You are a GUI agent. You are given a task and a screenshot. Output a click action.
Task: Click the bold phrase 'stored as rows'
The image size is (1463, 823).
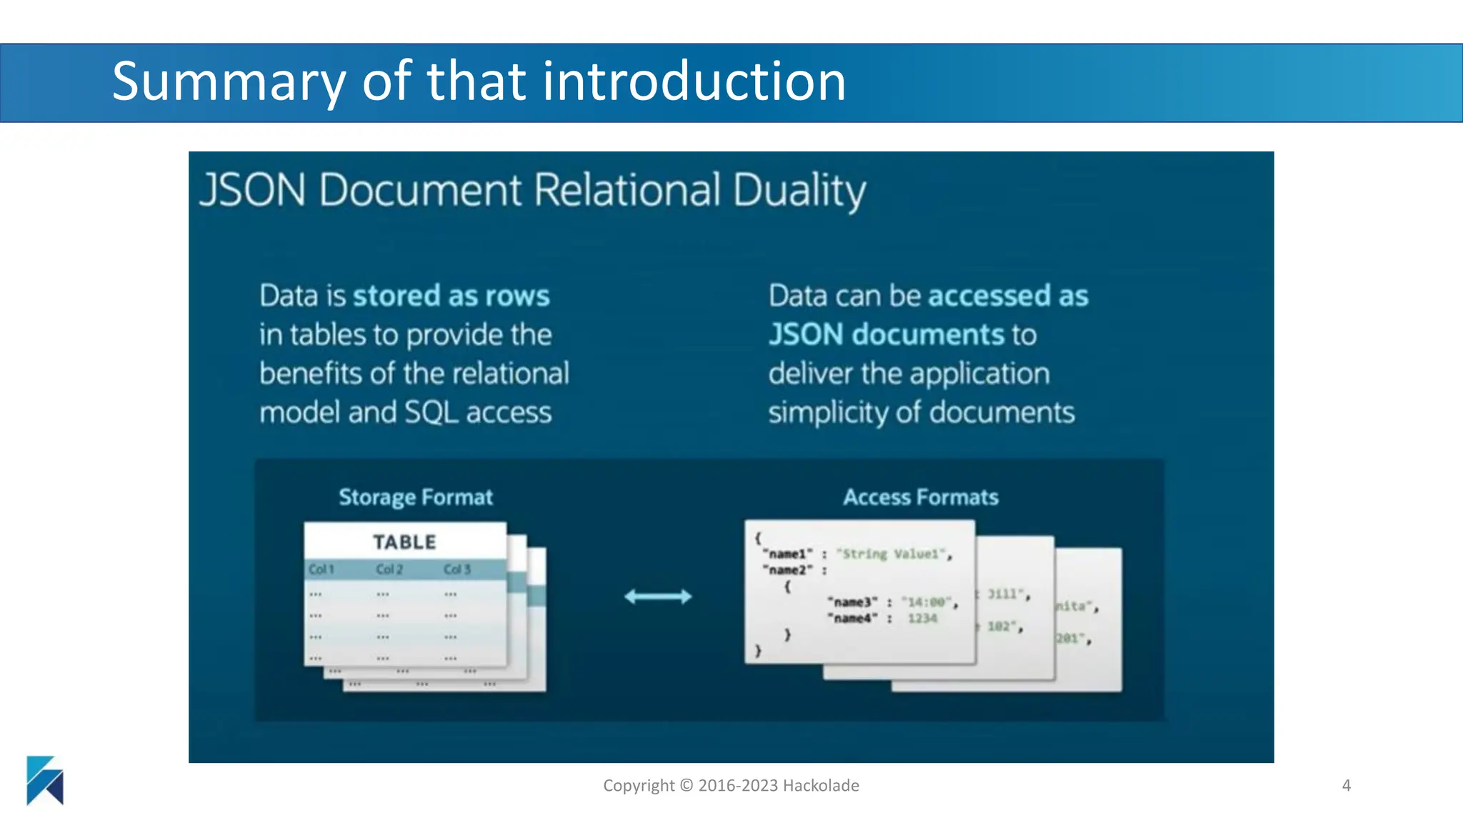click(x=451, y=296)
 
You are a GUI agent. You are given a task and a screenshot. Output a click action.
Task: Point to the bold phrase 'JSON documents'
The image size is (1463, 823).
click(x=887, y=334)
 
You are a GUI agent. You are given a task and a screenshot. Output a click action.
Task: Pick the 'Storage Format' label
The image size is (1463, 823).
click(x=416, y=497)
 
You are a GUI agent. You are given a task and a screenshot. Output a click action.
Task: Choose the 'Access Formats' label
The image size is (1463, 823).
click(x=920, y=497)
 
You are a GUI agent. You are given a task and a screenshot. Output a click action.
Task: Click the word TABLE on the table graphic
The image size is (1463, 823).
click(x=404, y=542)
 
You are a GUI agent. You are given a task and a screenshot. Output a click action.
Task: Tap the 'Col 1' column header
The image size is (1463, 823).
click(x=321, y=569)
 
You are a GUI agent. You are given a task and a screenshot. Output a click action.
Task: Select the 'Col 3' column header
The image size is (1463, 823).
click(x=457, y=569)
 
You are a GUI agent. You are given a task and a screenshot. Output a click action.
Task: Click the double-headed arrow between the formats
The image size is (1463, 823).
click(x=658, y=597)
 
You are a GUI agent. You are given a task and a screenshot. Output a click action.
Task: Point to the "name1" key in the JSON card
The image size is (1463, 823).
click(x=788, y=554)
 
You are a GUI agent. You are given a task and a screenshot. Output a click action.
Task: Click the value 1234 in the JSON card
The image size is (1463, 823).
click(x=922, y=619)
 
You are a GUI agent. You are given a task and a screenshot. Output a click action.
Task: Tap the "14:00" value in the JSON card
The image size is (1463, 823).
click(x=927, y=602)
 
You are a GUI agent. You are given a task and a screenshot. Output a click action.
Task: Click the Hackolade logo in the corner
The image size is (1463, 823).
click(x=45, y=780)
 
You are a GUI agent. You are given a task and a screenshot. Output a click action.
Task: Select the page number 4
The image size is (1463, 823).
click(x=1346, y=786)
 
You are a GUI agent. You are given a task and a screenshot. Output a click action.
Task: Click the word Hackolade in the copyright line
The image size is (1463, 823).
click(x=821, y=786)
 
